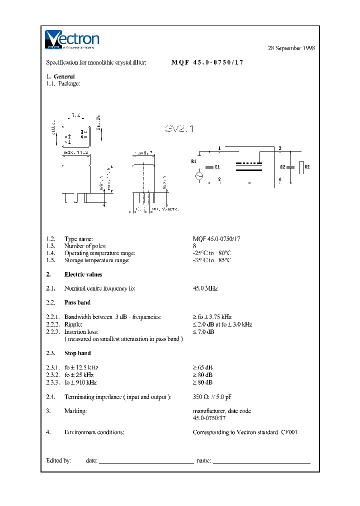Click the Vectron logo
(x=72, y=40)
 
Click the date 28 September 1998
(x=291, y=48)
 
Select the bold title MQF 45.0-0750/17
(x=207, y=63)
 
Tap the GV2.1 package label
(x=179, y=129)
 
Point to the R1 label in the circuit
(x=194, y=161)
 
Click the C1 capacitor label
(x=217, y=167)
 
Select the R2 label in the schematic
(x=307, y=166)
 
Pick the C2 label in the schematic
(x=282, y=167)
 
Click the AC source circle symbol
(x=198, y=176)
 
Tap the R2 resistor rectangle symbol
(x=300, y=167)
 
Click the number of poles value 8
(x=194, y=246)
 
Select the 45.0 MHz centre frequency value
(x=205, y=288)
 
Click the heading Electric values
(x=83, y=274)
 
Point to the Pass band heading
(x=77, y=302)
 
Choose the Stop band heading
(x=77, y=353)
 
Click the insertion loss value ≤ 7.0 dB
(x=203, y=331)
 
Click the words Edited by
(x=58, y=460)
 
